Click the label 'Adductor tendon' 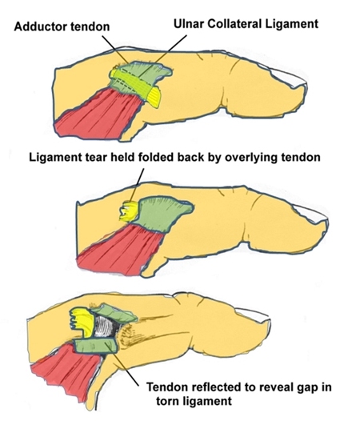62,26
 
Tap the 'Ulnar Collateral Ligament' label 246,24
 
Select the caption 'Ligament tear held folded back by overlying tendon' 174,158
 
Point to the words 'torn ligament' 194,401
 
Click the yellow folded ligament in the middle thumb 130,211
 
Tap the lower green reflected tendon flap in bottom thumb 96,346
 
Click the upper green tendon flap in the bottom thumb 115,312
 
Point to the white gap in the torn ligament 106,327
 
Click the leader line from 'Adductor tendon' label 115,49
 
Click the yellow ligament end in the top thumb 154,97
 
